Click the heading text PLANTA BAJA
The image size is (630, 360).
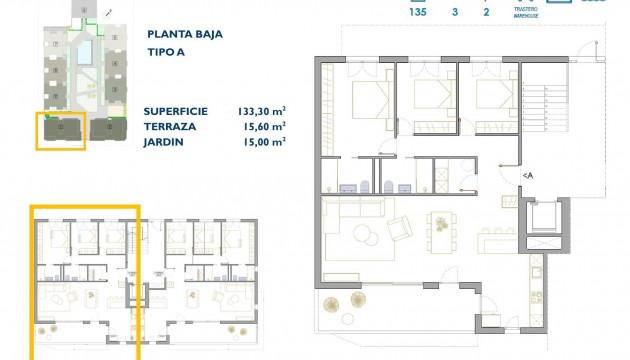click(x=184, y=34)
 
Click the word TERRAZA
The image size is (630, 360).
click(x=173, y=127)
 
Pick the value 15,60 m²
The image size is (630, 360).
click(x=264, y=127)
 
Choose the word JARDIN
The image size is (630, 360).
click(x=167, y=142)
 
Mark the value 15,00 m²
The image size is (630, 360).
click(x=264, y=142)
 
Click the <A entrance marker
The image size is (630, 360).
click(x=528, y=176)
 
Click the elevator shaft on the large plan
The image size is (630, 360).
click(x=545, y=217)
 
